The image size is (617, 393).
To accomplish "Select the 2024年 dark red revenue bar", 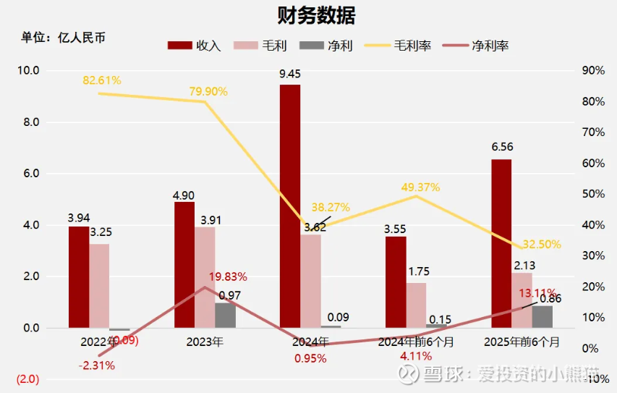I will click(x=290, y=206).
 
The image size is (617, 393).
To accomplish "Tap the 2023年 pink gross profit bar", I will click(x=205, y=277).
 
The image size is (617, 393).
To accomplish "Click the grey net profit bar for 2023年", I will click(x=226, y=315).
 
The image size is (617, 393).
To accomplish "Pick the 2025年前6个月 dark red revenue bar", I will click(x=501, y=243).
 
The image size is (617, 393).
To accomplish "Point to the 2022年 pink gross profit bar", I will click(x=100, y=286).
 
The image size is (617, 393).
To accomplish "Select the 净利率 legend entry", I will click(x=480, y=46).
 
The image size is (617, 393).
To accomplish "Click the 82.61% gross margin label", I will click(x=102, y=80).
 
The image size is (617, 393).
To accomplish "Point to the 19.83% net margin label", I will click(x=228, y=276).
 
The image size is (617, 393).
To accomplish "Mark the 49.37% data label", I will click(x=420, y=187).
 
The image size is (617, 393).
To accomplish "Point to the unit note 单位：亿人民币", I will click(x=64, y=38).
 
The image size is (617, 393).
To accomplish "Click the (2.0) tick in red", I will click(x=28, y=379).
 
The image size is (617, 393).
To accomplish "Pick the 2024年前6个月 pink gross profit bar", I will click(x=416, y=305).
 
